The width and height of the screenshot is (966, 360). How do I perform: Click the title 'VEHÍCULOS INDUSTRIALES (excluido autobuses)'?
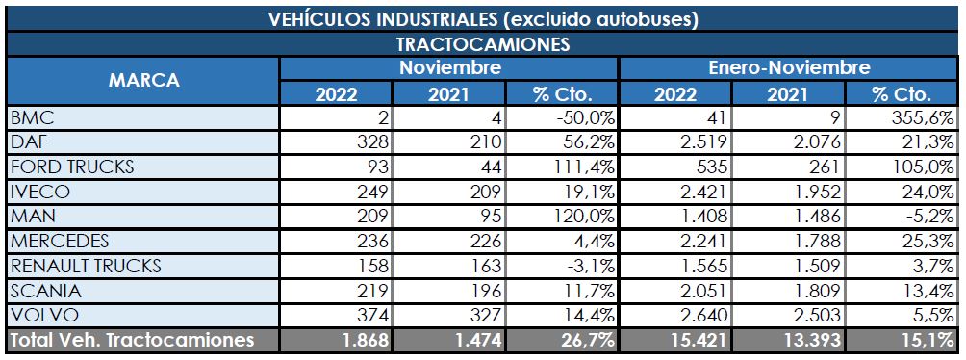pyautogui.click(x=483, y=18)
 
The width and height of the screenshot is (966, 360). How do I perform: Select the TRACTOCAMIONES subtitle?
pyautogui.click(x=483, y=44)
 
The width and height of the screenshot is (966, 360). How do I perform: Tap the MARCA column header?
pyautogui.click(x=142, y=81)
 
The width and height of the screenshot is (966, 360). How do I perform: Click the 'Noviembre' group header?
pyautogui.click(x=449, y=68)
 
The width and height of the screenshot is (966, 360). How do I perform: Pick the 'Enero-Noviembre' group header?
pyautogui.click(x=789, y=68)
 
